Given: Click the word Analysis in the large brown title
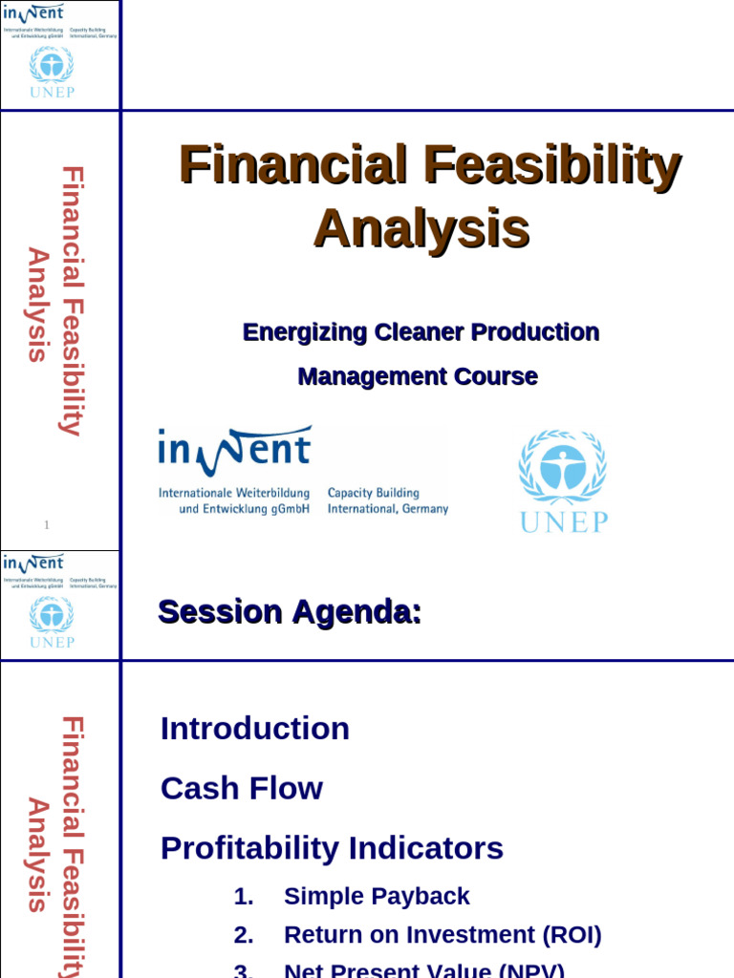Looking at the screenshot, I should (x=421, y=228).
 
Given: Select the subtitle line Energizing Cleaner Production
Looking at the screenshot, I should (x=421, y=332).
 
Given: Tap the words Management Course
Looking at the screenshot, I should (x=418, y=376).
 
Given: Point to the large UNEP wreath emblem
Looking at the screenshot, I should (x=563, y=466).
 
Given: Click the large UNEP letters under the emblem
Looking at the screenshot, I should (x=564, y=522).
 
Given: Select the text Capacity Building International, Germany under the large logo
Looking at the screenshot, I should (x=387, y=501).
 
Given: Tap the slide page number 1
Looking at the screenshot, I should (x=46, y=524).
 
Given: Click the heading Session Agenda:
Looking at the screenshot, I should (x=290, y=611).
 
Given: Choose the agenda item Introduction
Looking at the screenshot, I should (x=255, y=729).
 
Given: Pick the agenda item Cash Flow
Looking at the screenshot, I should (x=242, y=789).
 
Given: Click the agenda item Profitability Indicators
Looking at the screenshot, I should (x=332, y=848).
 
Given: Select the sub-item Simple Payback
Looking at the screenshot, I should (x=377, y=896).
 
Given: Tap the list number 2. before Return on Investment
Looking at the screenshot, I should (x=244, y=934).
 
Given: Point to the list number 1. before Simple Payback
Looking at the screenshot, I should (x=244, y=896).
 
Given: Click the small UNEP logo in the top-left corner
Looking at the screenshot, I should (x=51, y=72).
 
